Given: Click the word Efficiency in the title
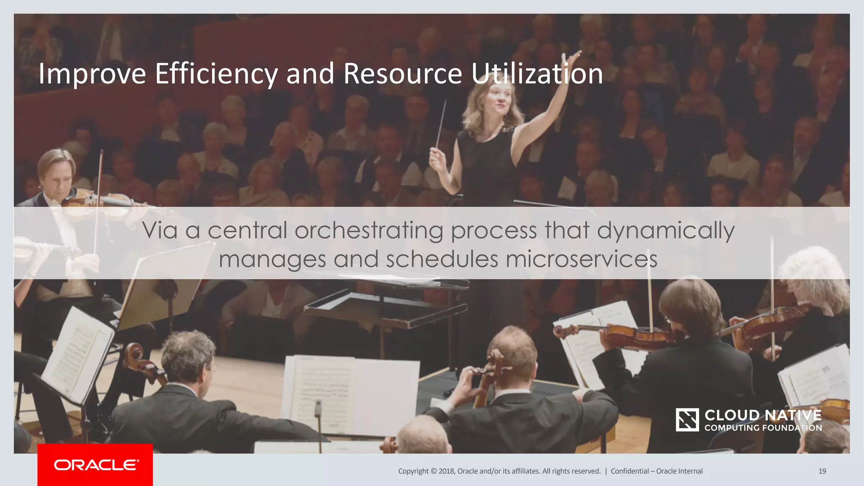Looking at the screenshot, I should click(216, 74).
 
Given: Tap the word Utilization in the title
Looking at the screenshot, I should click(537, 74).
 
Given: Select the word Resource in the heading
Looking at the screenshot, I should click(403, 74).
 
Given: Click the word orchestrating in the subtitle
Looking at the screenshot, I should click(369, 231).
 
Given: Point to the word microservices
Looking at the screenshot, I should click(581, 259).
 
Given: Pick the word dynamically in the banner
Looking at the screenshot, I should click(666, 231).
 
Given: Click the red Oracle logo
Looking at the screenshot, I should click(95, 464).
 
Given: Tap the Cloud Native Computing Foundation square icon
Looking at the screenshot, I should click(687, 420).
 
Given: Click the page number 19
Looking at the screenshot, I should click(822, 471).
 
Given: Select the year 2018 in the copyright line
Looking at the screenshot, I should click(446, 471).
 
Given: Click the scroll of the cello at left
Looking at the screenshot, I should click(134, 352).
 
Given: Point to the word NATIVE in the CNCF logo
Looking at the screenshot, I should click(793, 416).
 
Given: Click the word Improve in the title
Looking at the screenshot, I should click(92, 74).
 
